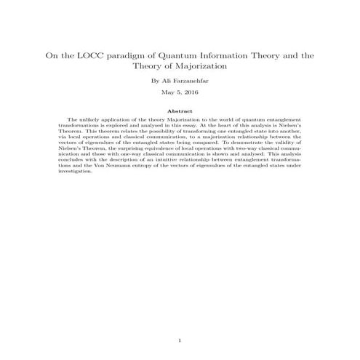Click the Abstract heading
tap(180, 111)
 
